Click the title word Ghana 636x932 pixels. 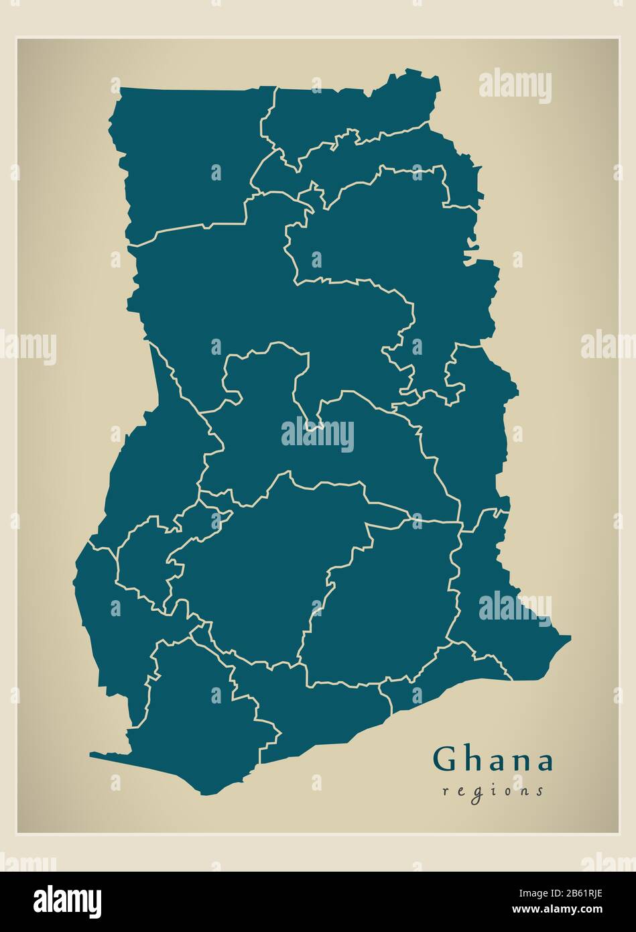coord(493,760)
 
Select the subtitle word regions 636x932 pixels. coord(493,791)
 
